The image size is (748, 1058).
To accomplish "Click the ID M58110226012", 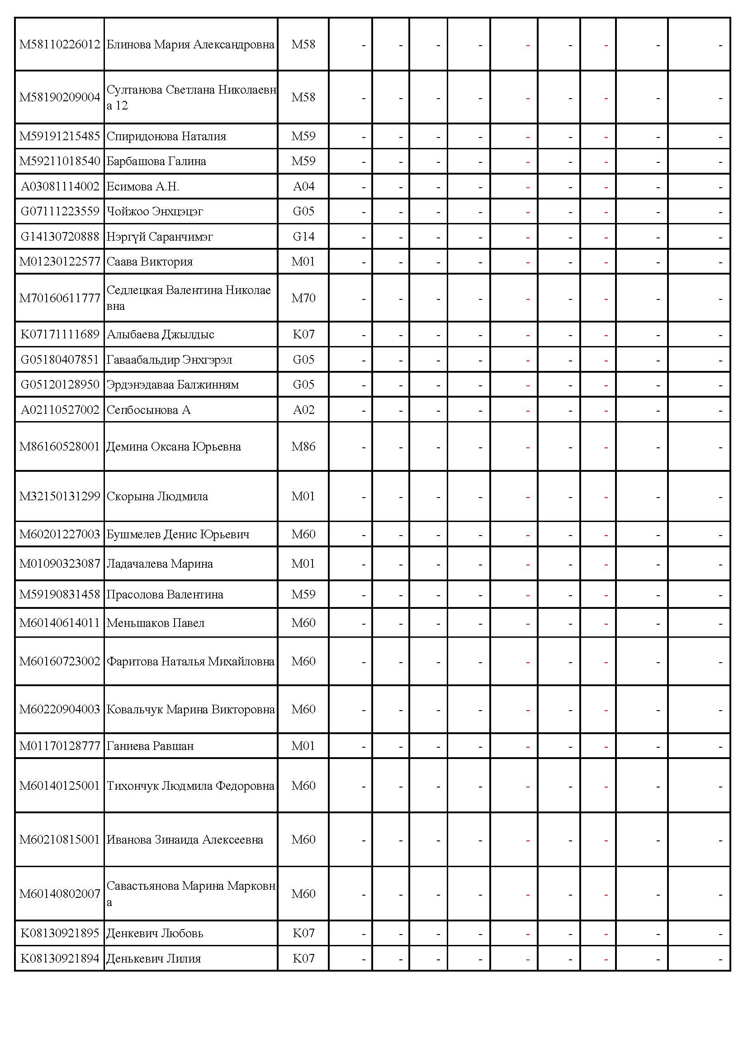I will (59, 45).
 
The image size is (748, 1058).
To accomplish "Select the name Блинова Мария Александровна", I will (190, 45).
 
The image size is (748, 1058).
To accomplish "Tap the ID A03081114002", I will (60, 187).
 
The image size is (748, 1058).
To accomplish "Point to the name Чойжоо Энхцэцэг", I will (154, 212).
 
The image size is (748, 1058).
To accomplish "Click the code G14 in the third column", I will (303, 237).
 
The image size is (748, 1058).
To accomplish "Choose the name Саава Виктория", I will (149, 262).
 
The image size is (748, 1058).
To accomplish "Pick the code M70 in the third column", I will (303, 298).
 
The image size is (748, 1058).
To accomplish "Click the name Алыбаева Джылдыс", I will (160, 335).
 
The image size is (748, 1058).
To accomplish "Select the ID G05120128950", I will (60, 385).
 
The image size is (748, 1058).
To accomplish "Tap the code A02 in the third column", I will (303, 410).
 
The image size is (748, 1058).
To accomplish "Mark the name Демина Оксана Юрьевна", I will (173, 447).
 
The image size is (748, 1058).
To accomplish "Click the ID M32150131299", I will (59, 496).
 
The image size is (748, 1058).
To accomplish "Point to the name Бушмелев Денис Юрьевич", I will (178, 535).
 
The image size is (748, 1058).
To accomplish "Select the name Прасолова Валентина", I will (165, 595).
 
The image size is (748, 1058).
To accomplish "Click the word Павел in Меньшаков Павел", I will (189, 623).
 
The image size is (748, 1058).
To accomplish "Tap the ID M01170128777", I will (59, 746).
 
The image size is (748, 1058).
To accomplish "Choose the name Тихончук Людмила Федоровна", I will (190, 786).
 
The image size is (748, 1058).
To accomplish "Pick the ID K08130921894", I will (60, 959).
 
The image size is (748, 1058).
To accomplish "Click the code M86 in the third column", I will (303, 447).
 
